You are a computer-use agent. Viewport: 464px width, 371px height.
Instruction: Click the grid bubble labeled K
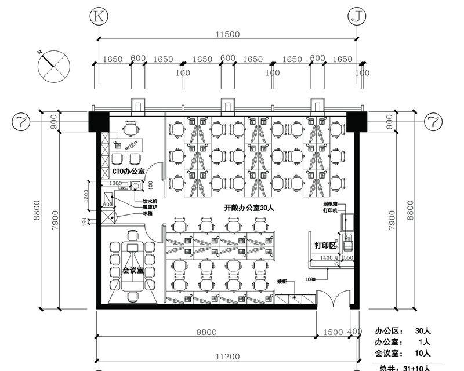coord(99,17)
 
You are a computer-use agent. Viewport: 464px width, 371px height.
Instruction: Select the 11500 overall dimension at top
coord(227,35)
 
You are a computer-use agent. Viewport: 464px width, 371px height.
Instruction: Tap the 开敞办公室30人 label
coord(248,207)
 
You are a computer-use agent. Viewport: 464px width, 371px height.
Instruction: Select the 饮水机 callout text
coord(151,201)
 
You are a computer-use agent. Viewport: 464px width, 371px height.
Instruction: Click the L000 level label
coord(310,279)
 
